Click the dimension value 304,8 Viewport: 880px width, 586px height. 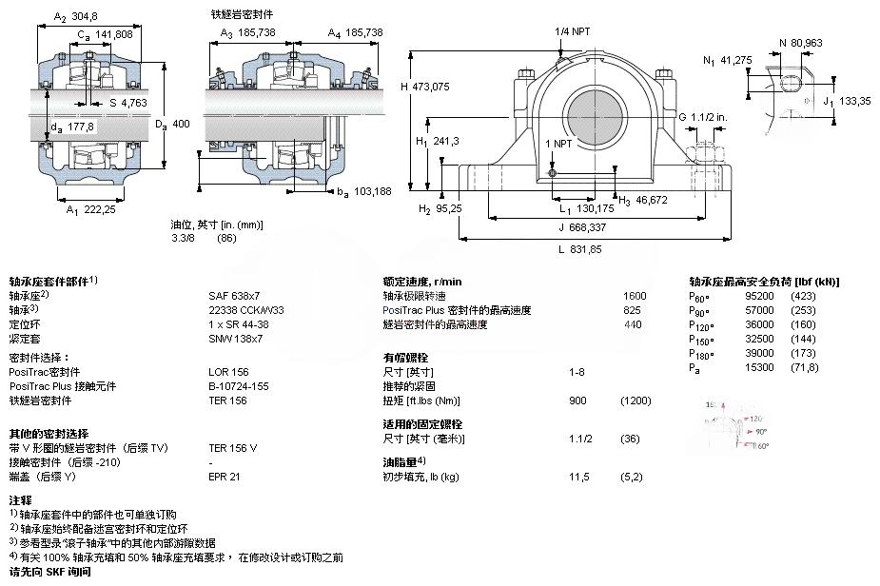[x=84, y=16]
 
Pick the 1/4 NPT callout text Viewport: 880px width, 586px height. [x=573, y=31]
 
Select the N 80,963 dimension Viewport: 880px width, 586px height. [x=800, y=42]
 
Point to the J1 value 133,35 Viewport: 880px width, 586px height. [x=854, y=100]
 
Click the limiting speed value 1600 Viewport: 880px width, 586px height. [x=634, y=296]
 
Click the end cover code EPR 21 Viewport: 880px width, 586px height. [x=224, y=477]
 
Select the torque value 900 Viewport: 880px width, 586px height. [x=577, y=400]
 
